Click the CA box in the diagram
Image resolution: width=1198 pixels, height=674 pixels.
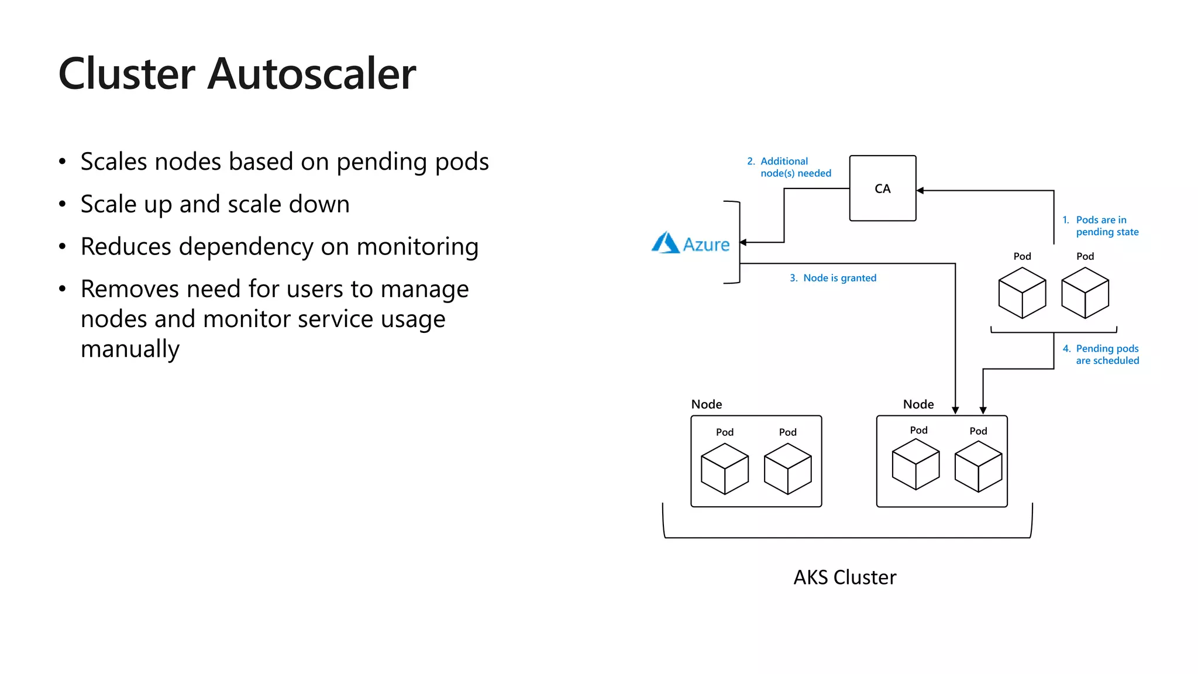[x=882, y=188]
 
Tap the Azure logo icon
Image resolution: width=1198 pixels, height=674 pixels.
[x=665, y=243]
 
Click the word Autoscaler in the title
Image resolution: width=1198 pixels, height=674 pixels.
[x=311, y=74]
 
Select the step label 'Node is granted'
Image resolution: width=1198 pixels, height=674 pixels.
[x=839, y=278]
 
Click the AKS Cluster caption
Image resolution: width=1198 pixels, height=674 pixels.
[x=844, y=577]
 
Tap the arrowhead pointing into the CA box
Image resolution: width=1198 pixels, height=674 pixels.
[x=920, y=191]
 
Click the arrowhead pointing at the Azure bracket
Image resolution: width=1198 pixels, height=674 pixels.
[x=743, y=242]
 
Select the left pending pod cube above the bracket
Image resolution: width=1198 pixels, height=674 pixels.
[x=1022, y=293]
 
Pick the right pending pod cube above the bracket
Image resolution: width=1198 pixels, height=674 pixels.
[x=1085, y=293]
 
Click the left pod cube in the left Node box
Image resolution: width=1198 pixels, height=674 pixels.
[x=724, y=469]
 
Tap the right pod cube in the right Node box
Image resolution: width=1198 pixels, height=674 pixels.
[x=978, y=466]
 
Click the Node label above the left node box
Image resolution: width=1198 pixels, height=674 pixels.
[x=706, y=404]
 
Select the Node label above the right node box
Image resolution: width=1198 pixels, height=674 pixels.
[x=918, y=404]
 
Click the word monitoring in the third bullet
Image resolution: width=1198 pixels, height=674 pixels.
[x=417, y=247]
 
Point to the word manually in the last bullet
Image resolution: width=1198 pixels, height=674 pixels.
[x=130, y=349]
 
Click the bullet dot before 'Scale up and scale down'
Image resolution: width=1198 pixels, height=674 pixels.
[x=63, y=204]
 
